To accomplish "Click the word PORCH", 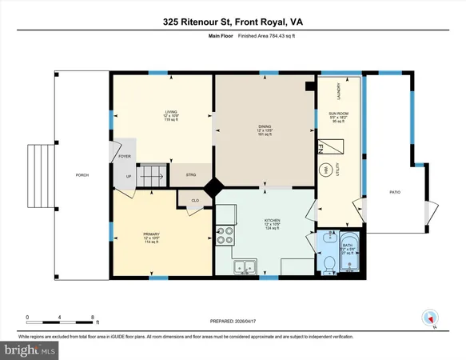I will [82, 175].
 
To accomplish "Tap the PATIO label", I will [395, 192].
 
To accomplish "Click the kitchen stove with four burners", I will [226, 236].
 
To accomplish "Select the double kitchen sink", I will [243, 268].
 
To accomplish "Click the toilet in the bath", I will [328, 262].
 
